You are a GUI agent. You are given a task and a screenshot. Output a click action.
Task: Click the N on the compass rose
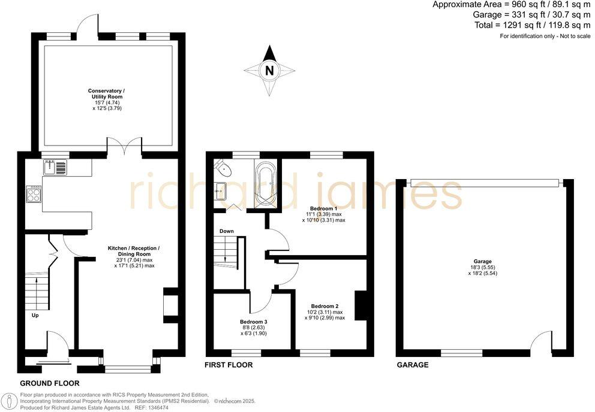(269, 71)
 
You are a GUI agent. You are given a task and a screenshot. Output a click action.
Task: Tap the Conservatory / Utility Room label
(107, 93)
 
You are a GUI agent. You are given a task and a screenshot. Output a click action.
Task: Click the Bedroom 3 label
(253, 322)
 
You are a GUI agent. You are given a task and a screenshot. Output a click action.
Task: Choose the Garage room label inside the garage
(482, 261)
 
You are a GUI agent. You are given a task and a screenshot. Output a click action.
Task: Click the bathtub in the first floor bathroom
(265, 180)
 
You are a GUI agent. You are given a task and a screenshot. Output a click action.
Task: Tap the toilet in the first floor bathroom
(219, 165)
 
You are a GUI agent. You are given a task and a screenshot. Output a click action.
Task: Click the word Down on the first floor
(227, 231)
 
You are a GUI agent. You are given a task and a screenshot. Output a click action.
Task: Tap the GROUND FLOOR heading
(49, 383)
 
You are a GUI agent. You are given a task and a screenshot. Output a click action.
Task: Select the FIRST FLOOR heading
(229, 365)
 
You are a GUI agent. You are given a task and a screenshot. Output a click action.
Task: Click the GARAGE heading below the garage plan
(412, 365)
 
